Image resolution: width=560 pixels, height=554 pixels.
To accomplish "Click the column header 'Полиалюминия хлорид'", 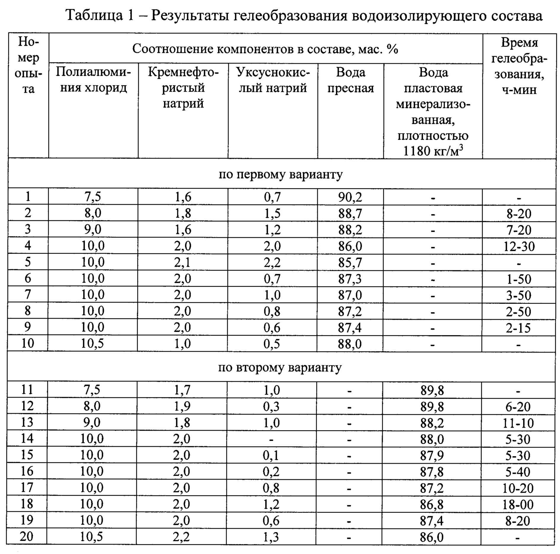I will tap(93, 80).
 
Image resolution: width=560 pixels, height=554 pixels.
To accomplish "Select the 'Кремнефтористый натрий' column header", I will tap(183, 88).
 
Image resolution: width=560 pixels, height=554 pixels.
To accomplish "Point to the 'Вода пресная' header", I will tap(351, 80).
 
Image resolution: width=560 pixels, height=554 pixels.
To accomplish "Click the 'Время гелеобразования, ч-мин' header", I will tap(519, 66).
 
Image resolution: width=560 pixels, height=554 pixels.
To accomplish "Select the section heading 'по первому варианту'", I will tap(280, 174).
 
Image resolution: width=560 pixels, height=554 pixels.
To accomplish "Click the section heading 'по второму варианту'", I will tap(280, 367).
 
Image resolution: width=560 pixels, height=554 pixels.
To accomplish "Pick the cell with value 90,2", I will tap(350, 197).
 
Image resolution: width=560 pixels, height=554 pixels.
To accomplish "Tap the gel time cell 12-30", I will tap(519, 246).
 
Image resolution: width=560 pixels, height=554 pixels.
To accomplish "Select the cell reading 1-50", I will tap(519, 279).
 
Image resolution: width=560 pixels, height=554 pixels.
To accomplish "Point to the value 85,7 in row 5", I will tap(350, 262).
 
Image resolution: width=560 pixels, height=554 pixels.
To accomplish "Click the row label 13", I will tap(27, 422).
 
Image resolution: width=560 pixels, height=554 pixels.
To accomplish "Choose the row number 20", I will tap(26, 536).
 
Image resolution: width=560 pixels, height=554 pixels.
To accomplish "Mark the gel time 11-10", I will tap(518, 423).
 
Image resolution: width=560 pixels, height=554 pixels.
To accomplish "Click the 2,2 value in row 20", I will tap(182, 537).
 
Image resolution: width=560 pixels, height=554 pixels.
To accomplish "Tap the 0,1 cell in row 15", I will tap(271, 455).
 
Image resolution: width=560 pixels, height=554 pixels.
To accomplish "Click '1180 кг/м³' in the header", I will tap(433, 151).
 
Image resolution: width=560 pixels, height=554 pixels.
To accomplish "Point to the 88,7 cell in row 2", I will tap(350, 213).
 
